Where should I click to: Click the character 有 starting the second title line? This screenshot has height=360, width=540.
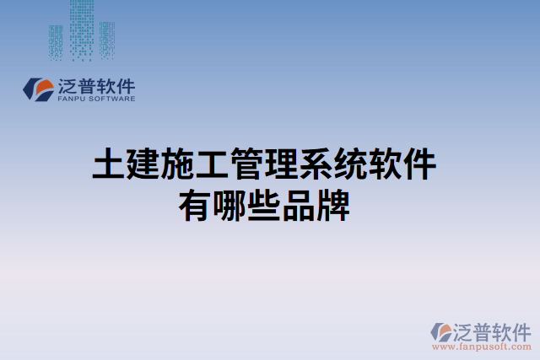pos(195,205)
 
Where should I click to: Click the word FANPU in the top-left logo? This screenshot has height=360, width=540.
pos(74,99)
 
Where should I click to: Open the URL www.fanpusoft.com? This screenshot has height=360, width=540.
pos(481,346)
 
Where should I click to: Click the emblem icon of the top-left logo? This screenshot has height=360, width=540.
pos(39,89)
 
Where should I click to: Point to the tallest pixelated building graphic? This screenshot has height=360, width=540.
pos(81,30)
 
